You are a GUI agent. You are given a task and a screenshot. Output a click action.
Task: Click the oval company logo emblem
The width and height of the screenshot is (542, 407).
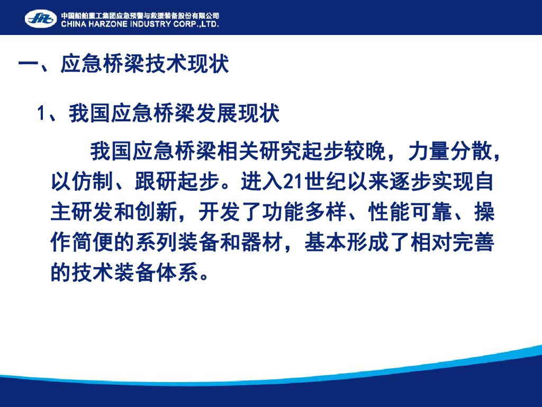coord(41,19)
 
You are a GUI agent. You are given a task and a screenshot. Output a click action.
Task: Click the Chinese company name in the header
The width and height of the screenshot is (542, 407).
coord(140,15)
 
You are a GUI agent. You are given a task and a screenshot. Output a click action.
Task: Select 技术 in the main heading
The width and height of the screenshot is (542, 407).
coord(166,64)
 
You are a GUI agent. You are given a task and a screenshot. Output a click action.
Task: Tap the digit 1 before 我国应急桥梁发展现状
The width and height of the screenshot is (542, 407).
coord(41,113)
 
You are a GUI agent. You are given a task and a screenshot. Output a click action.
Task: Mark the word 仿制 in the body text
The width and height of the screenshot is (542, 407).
coord(93,181)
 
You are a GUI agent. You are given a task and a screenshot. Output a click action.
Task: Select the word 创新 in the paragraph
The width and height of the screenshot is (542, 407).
coord(156,211)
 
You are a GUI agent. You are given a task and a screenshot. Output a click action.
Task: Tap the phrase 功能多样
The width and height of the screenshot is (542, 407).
coord(304,211)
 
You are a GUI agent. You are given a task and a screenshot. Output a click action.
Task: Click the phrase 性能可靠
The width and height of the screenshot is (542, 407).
coord(410,211)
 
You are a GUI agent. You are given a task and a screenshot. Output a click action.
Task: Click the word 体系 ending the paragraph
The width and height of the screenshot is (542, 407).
coord(177,272)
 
